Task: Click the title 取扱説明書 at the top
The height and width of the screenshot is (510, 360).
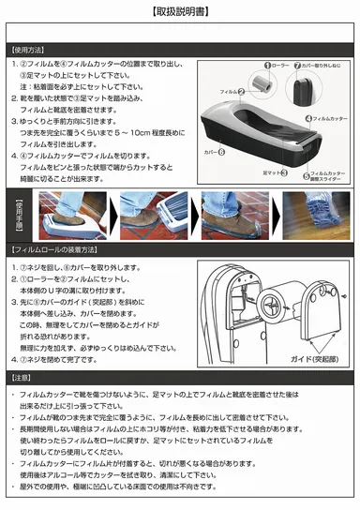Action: (180, 11)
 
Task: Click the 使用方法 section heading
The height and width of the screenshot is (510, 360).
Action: (30, 52)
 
